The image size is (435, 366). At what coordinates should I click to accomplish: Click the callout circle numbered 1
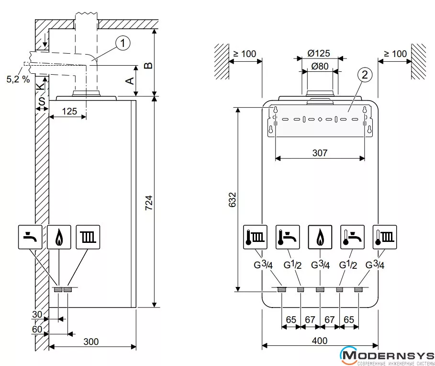pyautogui.click(x=123, y=44)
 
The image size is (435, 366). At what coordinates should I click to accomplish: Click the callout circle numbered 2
pyautogui.click(x=365, y=75)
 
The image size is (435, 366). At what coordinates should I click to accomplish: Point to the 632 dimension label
pyautogui.click(x=232, y=199)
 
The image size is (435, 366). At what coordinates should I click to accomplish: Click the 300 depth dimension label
pyautogui.click(x=91, y=342)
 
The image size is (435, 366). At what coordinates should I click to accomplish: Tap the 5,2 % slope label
pyautogui.click(x=18, y=79)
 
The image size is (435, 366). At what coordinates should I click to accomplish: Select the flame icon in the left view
pyautogui.click(x=59, y=237)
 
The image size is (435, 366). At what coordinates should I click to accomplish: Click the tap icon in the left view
pyautogui.click(x=31, y=237)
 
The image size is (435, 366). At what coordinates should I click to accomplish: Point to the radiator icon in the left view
pyautogui.click(x=88, y=237)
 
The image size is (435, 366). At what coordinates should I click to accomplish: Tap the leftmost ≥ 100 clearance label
pyautogui.click(x=245, y=53)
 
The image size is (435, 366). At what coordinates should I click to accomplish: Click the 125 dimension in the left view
pyautogui.click(x=69, y=112)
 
